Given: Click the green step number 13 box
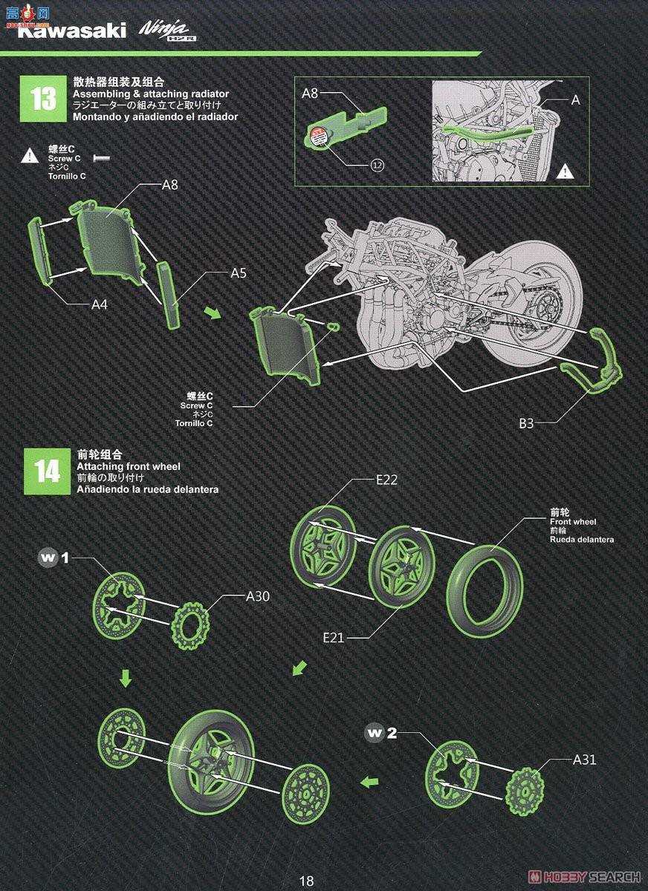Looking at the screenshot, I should [44, 99].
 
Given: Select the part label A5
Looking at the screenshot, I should [239, 273].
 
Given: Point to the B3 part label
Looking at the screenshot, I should [527, 423].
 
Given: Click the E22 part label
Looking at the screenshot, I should [386, 480].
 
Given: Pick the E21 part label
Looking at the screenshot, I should [334, 637].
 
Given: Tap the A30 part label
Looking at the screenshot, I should [259, 595].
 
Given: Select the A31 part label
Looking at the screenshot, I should [585, 760].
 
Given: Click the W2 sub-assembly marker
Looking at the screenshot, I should [381, 734].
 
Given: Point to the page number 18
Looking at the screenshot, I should [306, 881].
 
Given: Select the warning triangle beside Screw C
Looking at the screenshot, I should [29, 155].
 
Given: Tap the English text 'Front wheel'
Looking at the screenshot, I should [573, 522].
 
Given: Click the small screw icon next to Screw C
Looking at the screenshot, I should [101, 157].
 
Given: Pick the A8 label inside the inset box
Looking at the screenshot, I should [310, 94].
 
